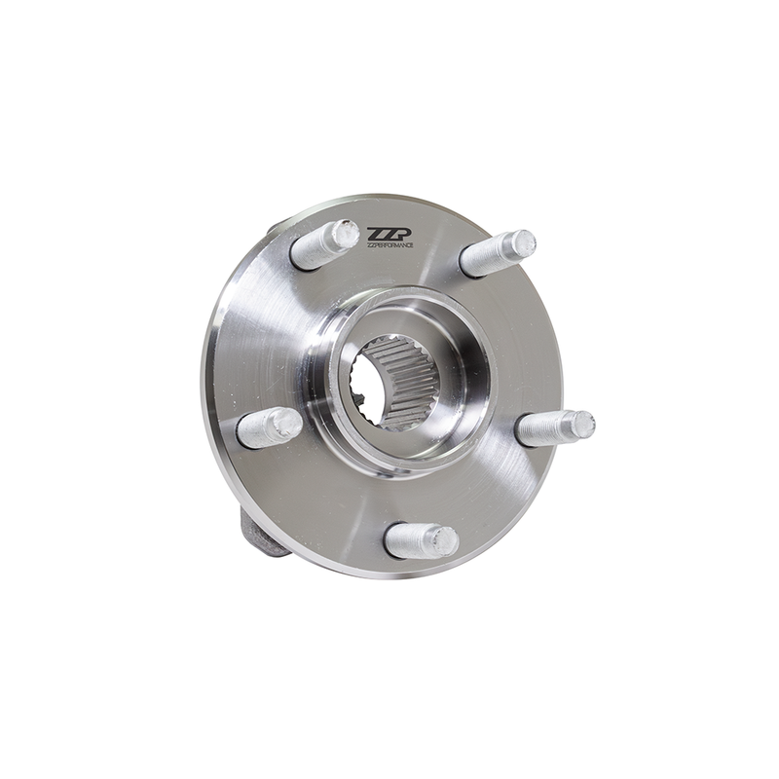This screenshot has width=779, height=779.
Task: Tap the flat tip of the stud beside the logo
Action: click(x=343, y=234)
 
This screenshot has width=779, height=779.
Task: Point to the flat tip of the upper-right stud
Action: click(x=523, y=242)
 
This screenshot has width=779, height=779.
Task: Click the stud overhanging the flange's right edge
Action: click(x=553, y=427)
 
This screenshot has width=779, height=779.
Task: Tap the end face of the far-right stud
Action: click(x=581, y=424)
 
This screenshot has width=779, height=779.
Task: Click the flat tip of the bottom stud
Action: click(x=444, y=539)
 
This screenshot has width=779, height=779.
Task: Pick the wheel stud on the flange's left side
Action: click(x=269, y=427)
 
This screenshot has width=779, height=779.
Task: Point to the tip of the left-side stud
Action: click(x=286, y=423)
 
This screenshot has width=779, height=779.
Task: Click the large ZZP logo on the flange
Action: click(x=390, y=234)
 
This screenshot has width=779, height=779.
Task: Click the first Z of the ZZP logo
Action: click(x=376, y=234)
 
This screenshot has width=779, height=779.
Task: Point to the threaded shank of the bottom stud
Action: click(x=409, y=541)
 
